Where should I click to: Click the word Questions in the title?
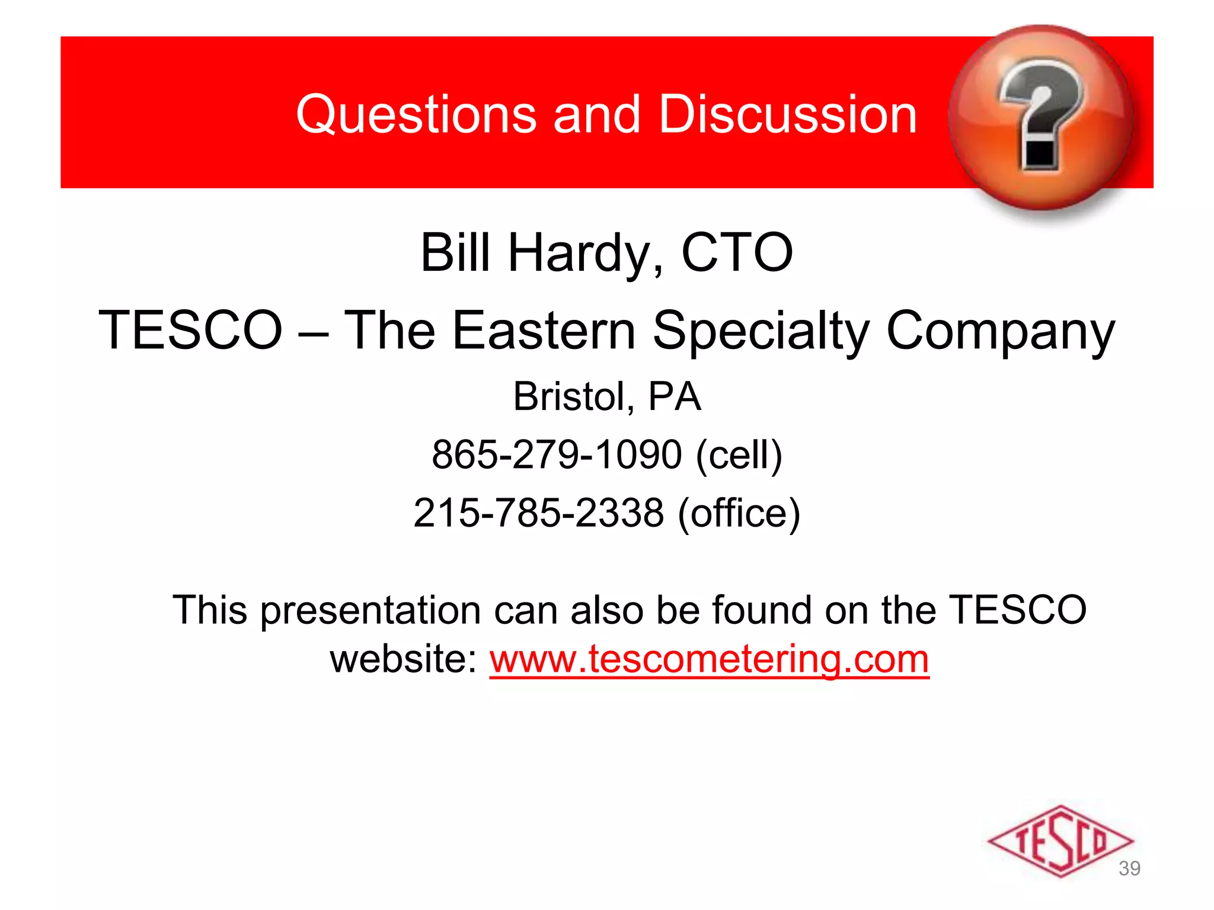[x=416, y=114]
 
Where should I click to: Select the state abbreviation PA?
[x=674, y=396]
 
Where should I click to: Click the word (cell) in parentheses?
[x=739, y=454]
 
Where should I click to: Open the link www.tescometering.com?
[x=709, y=659]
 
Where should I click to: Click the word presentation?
[x=370, y=610]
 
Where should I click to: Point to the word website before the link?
[x=403, y=659]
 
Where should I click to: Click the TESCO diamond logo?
[x=1060, y=840]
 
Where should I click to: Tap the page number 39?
[x=1129, y=869]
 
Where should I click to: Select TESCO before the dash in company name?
[x=190, y=330]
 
